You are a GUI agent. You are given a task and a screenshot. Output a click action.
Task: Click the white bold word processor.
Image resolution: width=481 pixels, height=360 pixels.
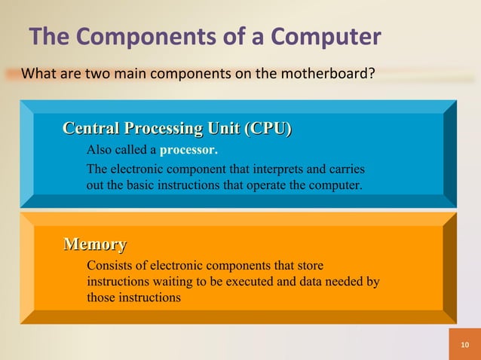click(x=188, y=148)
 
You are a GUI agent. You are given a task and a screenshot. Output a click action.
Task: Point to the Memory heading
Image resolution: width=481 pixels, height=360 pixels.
click(x=95, y=244)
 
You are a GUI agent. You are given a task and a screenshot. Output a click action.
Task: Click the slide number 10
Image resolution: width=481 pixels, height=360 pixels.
click(x=464, y=345)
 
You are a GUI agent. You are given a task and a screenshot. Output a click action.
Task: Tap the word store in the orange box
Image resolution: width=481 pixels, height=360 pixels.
click(x=311, y=265)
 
